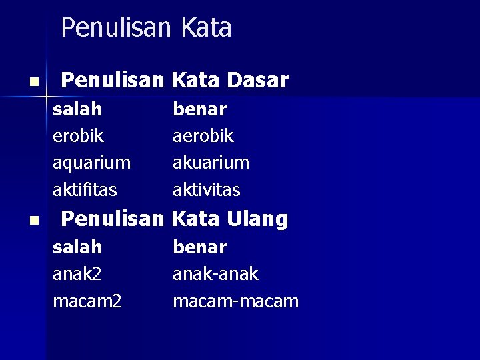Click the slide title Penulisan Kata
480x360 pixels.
(x=146, y=28)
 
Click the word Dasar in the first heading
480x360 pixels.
(x=257, y=81)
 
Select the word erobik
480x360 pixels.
(x=78, y=136)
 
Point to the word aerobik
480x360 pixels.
(x=203, y=136)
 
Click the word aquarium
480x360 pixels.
(x=91, y=163)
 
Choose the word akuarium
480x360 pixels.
(x=211, y=163)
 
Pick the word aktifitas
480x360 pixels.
(x=85, y=190)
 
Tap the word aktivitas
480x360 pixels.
(x=206, y=190)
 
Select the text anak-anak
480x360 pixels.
(x=215, y=274)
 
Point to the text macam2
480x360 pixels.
(x=87, y=301)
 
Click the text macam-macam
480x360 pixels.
(x=235, y=301)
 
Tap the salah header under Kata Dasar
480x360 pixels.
(x=77, y=109)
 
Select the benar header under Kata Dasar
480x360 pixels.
(x=199, y=109)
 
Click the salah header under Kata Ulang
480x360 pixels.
(x=77, y=247)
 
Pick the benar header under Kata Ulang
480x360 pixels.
(x=199, y=247)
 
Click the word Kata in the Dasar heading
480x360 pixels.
(x=196, y=81)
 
